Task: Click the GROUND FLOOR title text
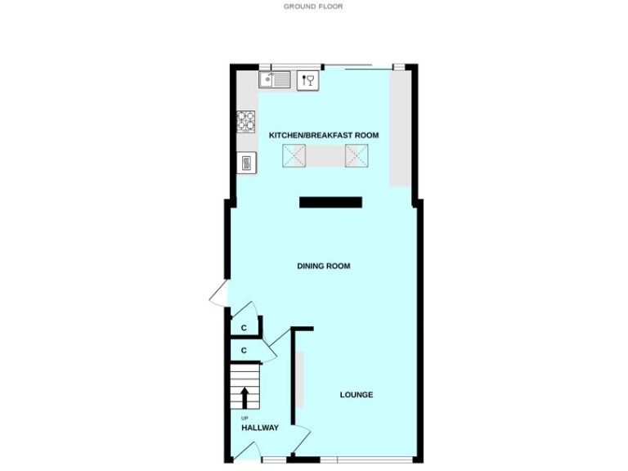pyautogui.click(x=313, y=7)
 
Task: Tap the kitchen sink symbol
pyautogui.click(x=274, y=79)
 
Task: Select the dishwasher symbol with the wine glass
pyautogui.click(x=307, y=80)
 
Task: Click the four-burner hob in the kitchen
pyautogui.click(x=246, y=121)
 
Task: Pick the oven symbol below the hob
pyautogui.click(x=246, y=163)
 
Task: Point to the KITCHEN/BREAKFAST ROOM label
pyautogui.click(x=324, y=135)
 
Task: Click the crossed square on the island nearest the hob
pyautogui.click(x=294, y=155)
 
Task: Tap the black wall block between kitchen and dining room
pyautogui.click(x=330, y=202)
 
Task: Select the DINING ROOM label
pyautogui.click(x=324, y=266)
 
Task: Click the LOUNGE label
pyautogui.click(x=357, y=395)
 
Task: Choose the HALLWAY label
pyautogui.click(x=260, y=428)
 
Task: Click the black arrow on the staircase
pyautogui.click(x=244, y=397)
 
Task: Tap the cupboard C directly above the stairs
pyautogui.click(x=244, y=351)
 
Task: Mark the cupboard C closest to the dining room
pyautogui.click(x=244, y=328)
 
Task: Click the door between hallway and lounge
pyautogui.click(x=302, y=438)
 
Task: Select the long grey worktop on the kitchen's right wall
pyautogui.click(x=400, y=129)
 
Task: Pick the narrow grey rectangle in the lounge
pyautogui.click(x=299, y=378)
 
